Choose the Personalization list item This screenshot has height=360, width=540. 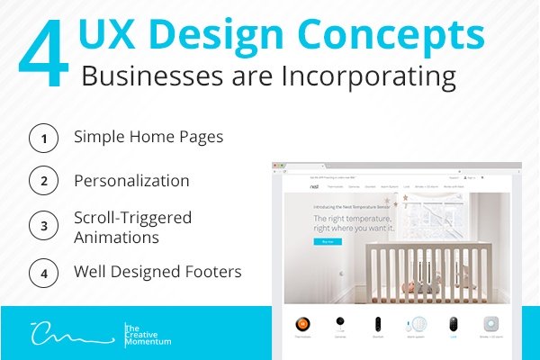(x=131, y=181)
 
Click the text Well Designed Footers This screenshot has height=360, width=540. (x=157, y=270)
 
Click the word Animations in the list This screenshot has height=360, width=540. (x=116, y=238)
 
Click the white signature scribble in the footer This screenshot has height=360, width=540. (x=68, y=334)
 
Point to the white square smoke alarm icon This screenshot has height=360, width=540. (x=490, y=323)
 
